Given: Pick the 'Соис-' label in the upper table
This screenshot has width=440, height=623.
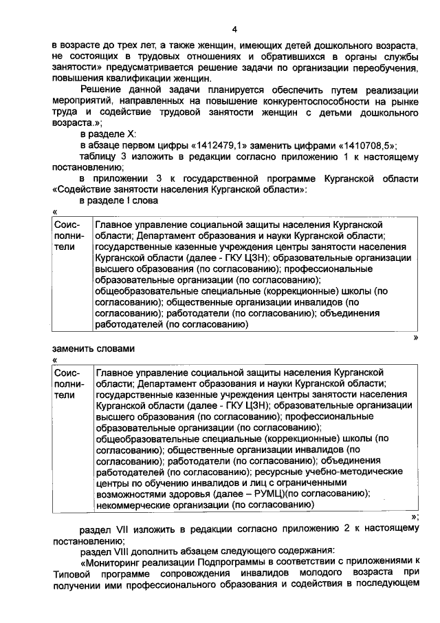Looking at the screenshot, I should coord(67,225).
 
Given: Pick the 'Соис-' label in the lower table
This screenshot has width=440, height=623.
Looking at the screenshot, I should coord(67,372).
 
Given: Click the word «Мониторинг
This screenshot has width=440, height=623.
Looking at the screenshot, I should coord(111,561).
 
